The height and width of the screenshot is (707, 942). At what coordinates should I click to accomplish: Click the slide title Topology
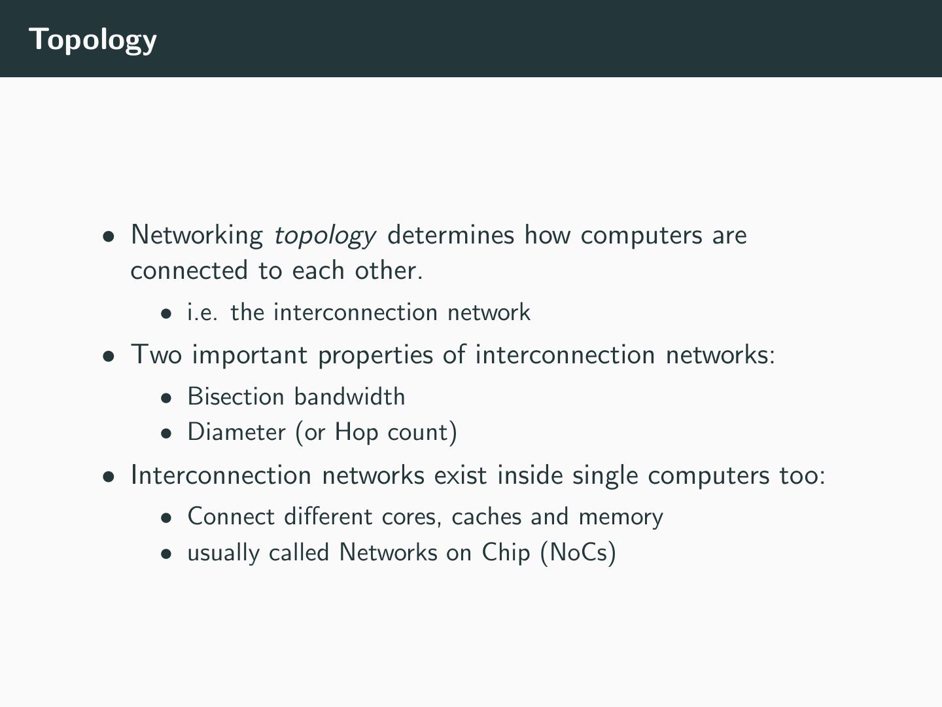[x=93, y=39]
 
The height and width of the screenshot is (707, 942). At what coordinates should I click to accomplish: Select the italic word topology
[x=324, y=235]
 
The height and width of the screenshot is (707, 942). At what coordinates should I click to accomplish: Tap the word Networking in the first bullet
[x=197, y=235]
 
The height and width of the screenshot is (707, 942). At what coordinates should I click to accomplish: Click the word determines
[x=451, y=234]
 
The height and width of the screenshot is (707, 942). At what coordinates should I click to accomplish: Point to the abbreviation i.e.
[x=202, y=312]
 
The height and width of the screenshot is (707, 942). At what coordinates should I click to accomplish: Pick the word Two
[x=156, y=354]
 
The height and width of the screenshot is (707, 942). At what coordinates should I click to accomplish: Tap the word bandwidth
[x=350, y=397]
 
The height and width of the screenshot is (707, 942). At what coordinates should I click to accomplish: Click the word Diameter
[x=236, y=432]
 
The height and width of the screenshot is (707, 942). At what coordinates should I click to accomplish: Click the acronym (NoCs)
[x=578, y=553]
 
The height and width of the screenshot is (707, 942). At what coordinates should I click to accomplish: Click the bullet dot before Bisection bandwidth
[x=167, y=397]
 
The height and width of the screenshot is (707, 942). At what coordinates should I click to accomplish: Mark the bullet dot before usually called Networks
[x=167, y=553]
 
